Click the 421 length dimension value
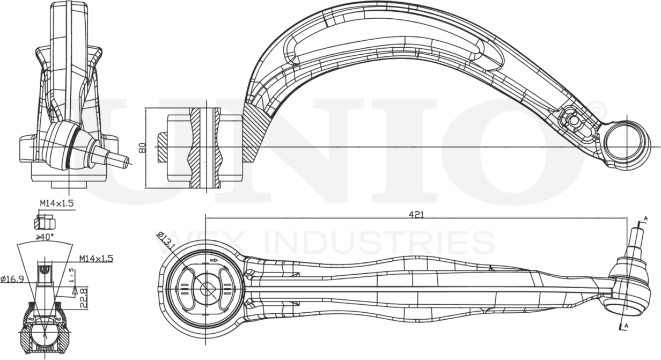coord(416,214)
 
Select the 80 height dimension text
coord(142,148)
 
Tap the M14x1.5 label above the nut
coord(56,203)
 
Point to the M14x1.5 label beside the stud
coord(96,259)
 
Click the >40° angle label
coord(46,237)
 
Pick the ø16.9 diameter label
coord(11,279)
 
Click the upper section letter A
coord(645,218)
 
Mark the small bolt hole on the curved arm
coord(572,120)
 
